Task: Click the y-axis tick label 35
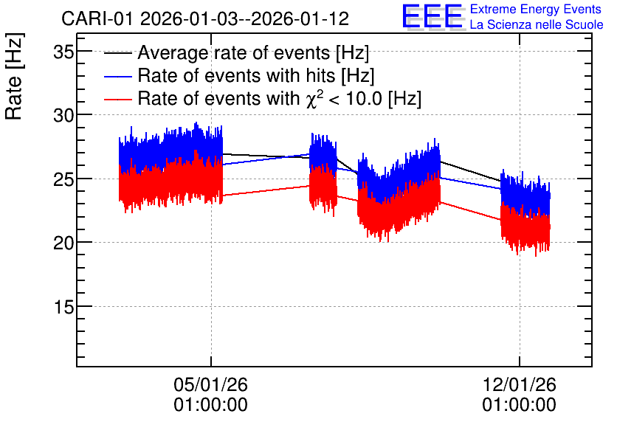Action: tap(63, 52)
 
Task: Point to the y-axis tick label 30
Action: tap(63, 115)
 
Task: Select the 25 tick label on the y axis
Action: tap(63, 179)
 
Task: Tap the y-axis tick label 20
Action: tap(63, 243)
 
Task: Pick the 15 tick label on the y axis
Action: tap(63, 307)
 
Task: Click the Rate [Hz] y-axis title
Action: tap(15, 76)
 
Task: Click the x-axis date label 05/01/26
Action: tap(211, 384)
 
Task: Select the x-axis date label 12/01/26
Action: tap(520, 384)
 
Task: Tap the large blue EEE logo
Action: tap(433, 16)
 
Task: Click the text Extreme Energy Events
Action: tap(536, 9)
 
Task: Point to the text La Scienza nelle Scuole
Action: tap(537, 25)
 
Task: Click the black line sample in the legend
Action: tap(118, 53)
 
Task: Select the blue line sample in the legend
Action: tap(118, 76)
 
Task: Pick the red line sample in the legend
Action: tap(118, 99)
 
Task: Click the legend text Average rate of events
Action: tap(234, 52)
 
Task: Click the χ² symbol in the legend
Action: tap(315, 98)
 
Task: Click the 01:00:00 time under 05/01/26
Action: tap(211, 405)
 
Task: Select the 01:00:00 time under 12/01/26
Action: tap(520, 405)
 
